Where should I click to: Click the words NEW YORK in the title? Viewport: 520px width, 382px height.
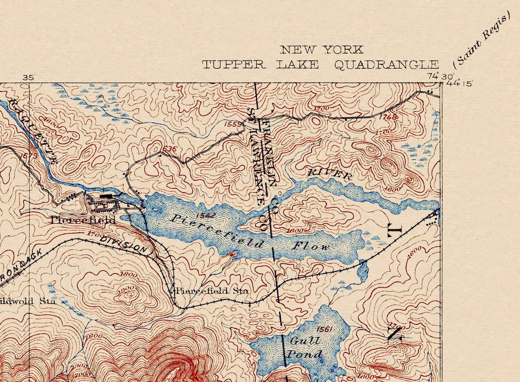322,50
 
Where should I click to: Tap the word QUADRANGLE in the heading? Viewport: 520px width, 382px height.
386,65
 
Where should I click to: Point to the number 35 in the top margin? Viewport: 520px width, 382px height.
28,78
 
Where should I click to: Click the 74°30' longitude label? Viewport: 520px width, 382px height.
434,77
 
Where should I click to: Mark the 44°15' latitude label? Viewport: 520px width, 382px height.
459,83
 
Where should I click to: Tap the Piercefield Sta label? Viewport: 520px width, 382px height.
212,291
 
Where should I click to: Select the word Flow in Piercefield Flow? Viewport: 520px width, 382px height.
311,246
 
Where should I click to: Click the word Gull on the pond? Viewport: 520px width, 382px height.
305,340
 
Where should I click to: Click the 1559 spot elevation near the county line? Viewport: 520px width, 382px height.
233,124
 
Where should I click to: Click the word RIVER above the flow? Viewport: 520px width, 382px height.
329,173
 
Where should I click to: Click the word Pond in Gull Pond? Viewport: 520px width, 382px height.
304,354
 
